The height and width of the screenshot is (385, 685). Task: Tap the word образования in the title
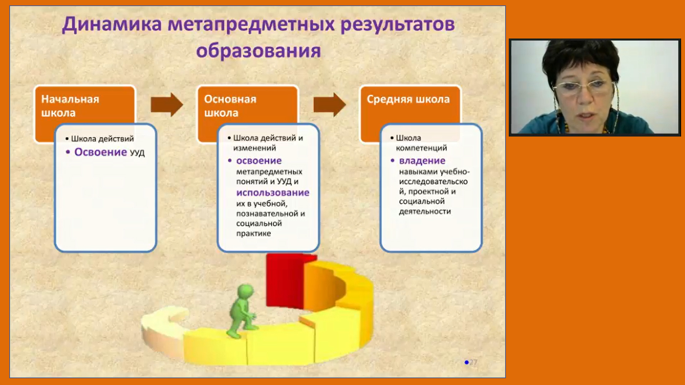(x=258, y=51)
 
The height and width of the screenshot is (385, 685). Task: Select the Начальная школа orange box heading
(x=70, y=106)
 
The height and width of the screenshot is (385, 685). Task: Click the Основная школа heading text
(x=230, y=106)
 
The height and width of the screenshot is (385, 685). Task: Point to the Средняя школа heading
(x=408, y=99)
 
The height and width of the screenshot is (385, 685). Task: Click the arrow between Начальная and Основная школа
(x=166, y=105)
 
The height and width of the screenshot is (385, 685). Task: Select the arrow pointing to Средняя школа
(x=329, y=105)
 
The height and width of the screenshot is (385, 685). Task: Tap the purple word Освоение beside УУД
(x=100, y=152)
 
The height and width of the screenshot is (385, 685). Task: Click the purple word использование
(x=273, y=193)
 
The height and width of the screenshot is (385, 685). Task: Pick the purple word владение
(x=422, y=161)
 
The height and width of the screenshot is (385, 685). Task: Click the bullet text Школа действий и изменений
(x=268, y=143)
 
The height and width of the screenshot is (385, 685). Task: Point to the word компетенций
(x=421, y=148)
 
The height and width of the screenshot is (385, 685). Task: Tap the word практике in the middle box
(x=253, y=233)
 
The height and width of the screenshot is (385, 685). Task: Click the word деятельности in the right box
(x=425, y=211)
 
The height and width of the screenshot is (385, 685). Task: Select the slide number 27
(x=473, y=362)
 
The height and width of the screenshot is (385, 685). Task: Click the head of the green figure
(x=245, y=291)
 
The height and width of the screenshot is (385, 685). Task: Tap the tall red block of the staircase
(x=284, y=280)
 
